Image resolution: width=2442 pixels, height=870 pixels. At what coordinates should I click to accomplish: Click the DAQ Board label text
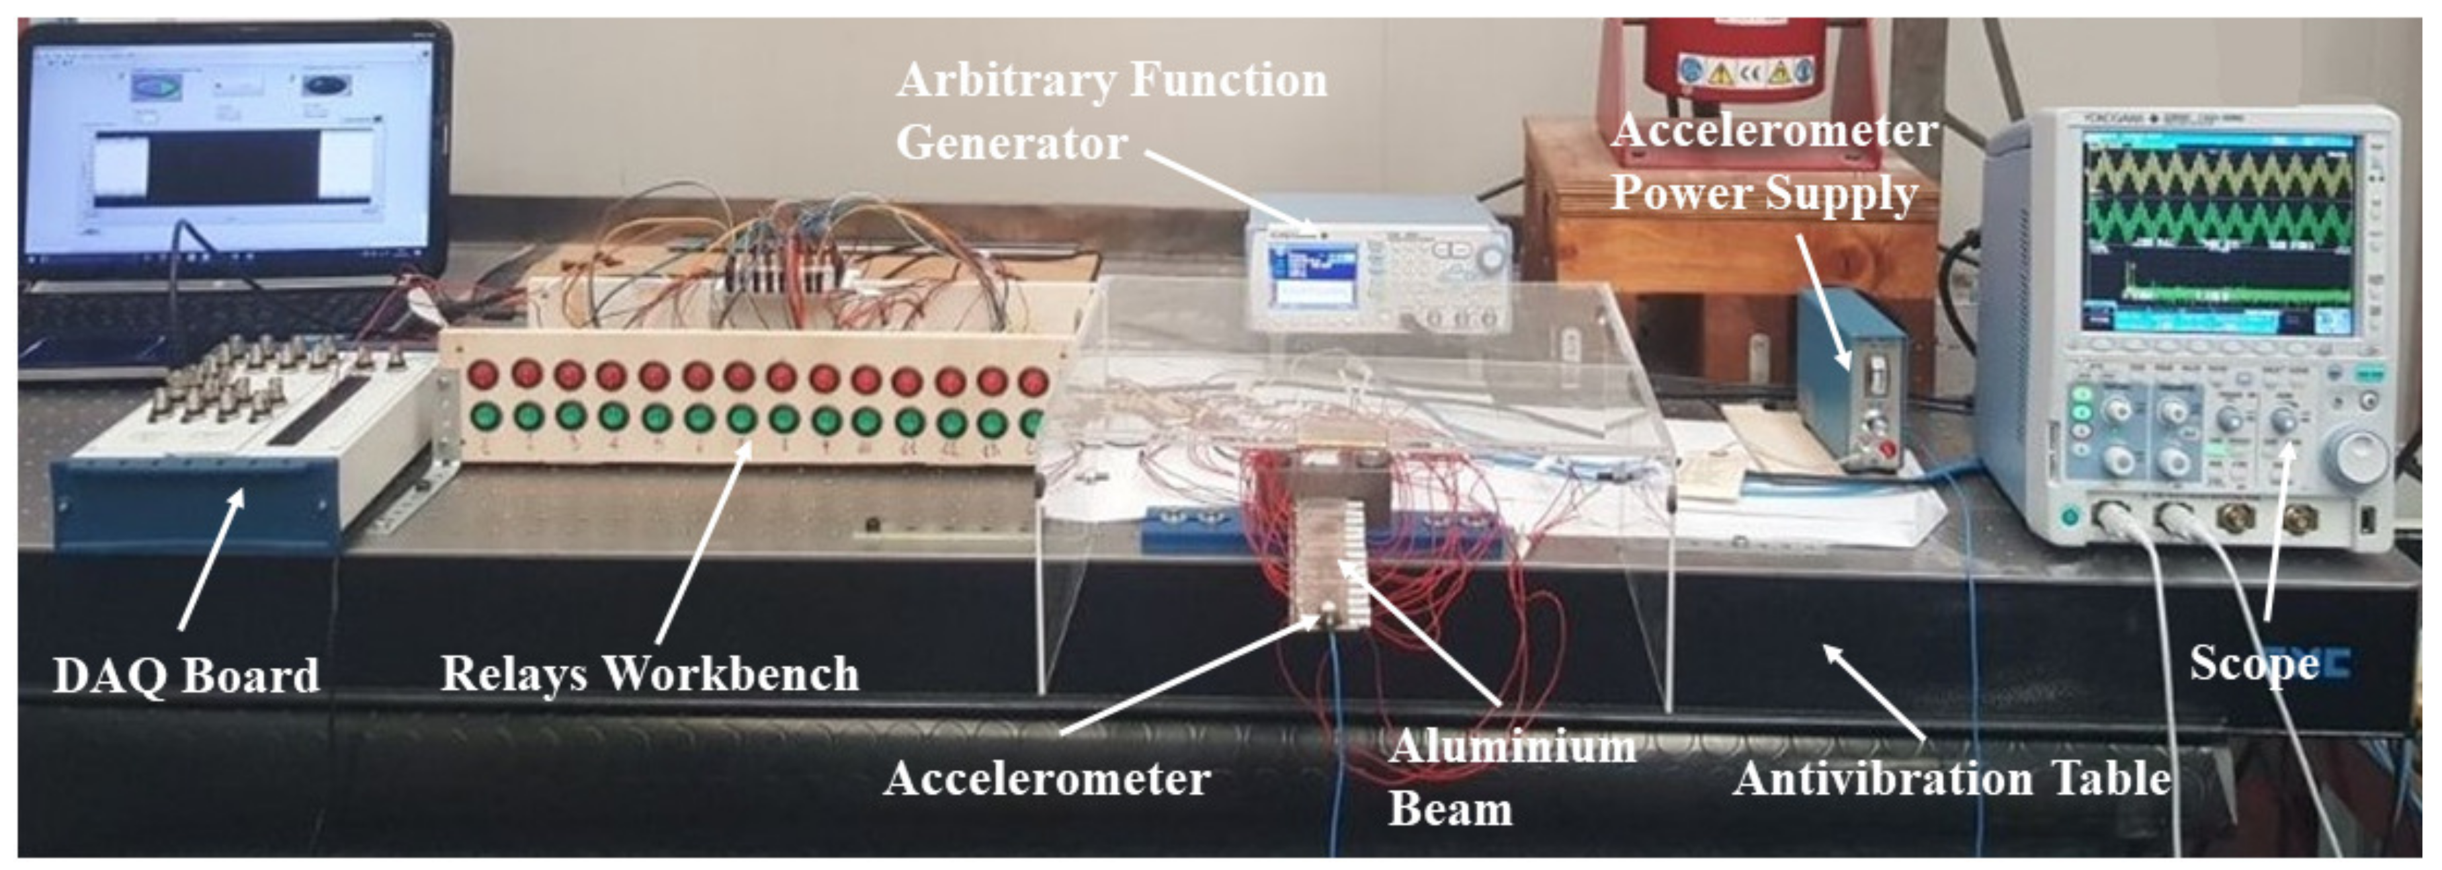click(186, 676)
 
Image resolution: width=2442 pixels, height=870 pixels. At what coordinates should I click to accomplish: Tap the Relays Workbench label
click(650, 674)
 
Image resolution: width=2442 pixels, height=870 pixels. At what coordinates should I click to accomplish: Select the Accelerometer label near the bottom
click(1046, 779)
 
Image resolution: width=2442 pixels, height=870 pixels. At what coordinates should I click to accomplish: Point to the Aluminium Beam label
click(1511, 777)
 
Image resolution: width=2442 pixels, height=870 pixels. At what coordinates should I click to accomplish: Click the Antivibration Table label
click(1951, 779)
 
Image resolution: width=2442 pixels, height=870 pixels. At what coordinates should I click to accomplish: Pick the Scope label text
click(2253, 662)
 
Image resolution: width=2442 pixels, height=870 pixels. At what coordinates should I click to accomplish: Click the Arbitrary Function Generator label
click(1111, 111)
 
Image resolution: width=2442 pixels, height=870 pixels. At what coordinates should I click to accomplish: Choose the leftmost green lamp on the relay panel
click(484, 416)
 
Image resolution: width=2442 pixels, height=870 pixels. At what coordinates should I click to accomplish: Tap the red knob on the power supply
click(1886, 448)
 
